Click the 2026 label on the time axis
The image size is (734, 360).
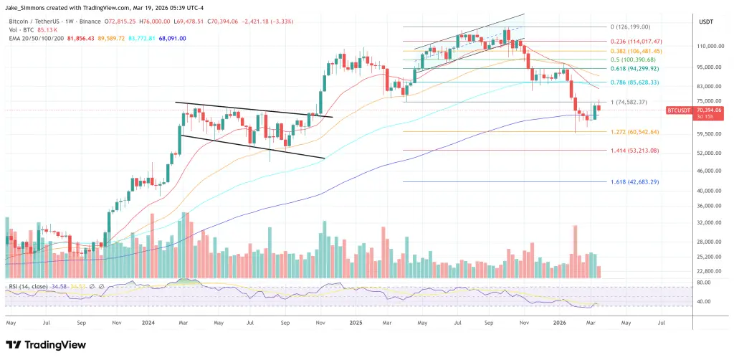coord(561,323)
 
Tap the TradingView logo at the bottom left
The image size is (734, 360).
coord(47,344)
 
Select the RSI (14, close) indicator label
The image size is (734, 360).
coord(29,287)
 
